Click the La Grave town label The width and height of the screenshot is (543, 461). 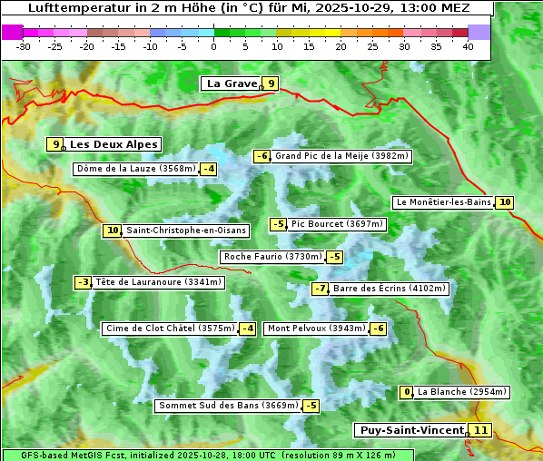click(231, 83)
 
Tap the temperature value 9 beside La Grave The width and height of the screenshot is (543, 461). click(270, 83)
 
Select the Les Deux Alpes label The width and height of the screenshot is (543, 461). click(114, 144)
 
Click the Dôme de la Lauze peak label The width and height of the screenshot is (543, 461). click(136, 169)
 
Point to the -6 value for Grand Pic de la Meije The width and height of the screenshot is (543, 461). click(262, 156)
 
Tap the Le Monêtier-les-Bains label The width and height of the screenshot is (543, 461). click(443, 202)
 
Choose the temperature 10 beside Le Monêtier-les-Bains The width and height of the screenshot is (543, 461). click(505, 202)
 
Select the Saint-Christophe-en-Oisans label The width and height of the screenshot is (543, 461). click(186, 230)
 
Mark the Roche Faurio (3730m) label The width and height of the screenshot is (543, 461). click(272, 257)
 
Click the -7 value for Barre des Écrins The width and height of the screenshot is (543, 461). click(320, 289)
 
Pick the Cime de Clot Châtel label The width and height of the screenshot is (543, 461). click(170, 329)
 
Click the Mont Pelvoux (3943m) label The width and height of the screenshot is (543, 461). click(316, 329)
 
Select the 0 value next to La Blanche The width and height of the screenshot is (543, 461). click(407, 392)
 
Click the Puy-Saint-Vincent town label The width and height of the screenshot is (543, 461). click(410, 430)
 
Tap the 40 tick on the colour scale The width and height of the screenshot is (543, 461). click(468, 46)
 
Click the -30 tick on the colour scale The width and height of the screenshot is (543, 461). click(25, 46)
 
